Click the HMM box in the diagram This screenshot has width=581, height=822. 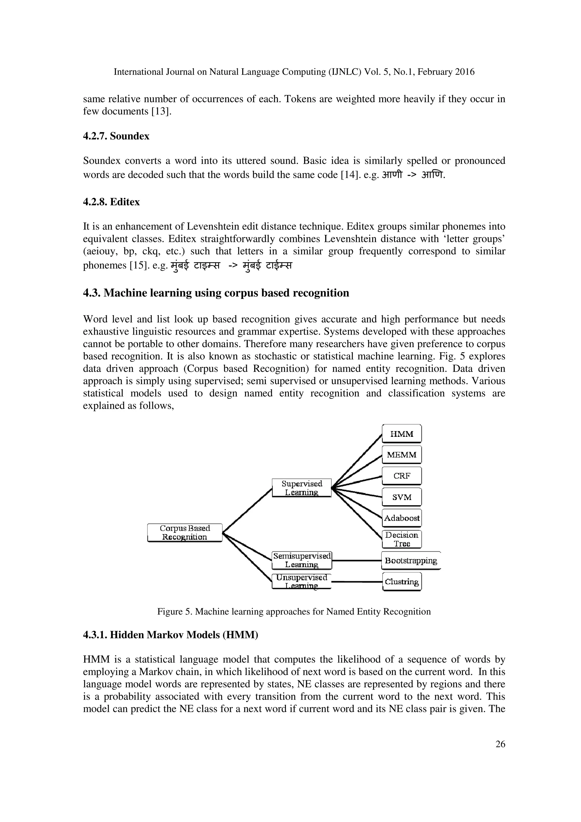click(x=402, y=434)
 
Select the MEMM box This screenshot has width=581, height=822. click(x=402, y=455)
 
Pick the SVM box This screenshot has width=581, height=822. click(x=402, y=497)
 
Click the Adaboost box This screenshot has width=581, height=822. click(x=402, y=518)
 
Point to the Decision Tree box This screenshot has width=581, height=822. click(x=402, y=539)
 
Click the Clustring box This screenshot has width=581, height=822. click(x=402, y=582)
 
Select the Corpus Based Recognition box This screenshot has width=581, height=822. click(x=185, y=533)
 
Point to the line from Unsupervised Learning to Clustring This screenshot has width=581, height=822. click(x=357, y=582)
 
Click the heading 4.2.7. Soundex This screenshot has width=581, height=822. click(x=116, y=136)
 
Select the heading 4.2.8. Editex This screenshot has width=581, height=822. click(x=111, y=202)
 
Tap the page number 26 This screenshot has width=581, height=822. click(x=500, y=744)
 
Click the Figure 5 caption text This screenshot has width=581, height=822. click(x=294, y=612)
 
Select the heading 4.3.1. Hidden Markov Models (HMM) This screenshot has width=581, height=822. click(x=170, y=635)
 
